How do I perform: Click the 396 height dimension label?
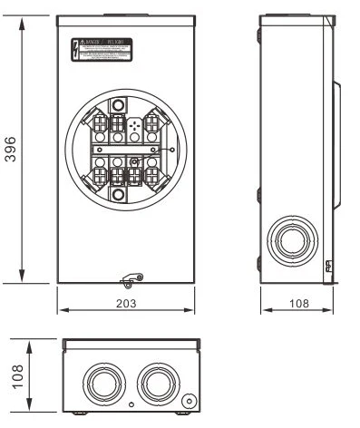(x=11, y=149)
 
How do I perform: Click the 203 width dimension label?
(x=126, y=303)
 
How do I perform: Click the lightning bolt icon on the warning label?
(x=76, y=49)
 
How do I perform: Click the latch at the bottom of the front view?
(x=133, y=277)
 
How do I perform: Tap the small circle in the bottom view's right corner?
(x=188, y=400)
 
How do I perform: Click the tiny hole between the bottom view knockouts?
(x=131, y=403)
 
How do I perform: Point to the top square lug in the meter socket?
(x=118, y=107)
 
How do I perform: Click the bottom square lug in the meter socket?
(x=118, y=193)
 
